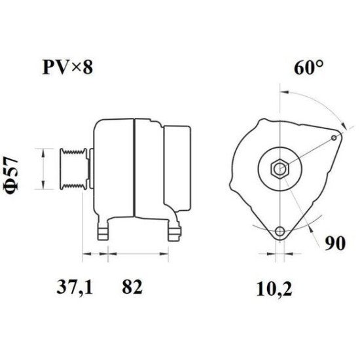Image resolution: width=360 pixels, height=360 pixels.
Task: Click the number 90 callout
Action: click(x=334, y=244)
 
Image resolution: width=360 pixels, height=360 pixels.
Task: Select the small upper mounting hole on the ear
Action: click(x=334, y=137)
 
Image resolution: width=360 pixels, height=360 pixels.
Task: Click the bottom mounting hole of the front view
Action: click(x=280, y=230)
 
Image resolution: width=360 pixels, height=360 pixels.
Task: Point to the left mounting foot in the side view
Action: click(x=103, y=230)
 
